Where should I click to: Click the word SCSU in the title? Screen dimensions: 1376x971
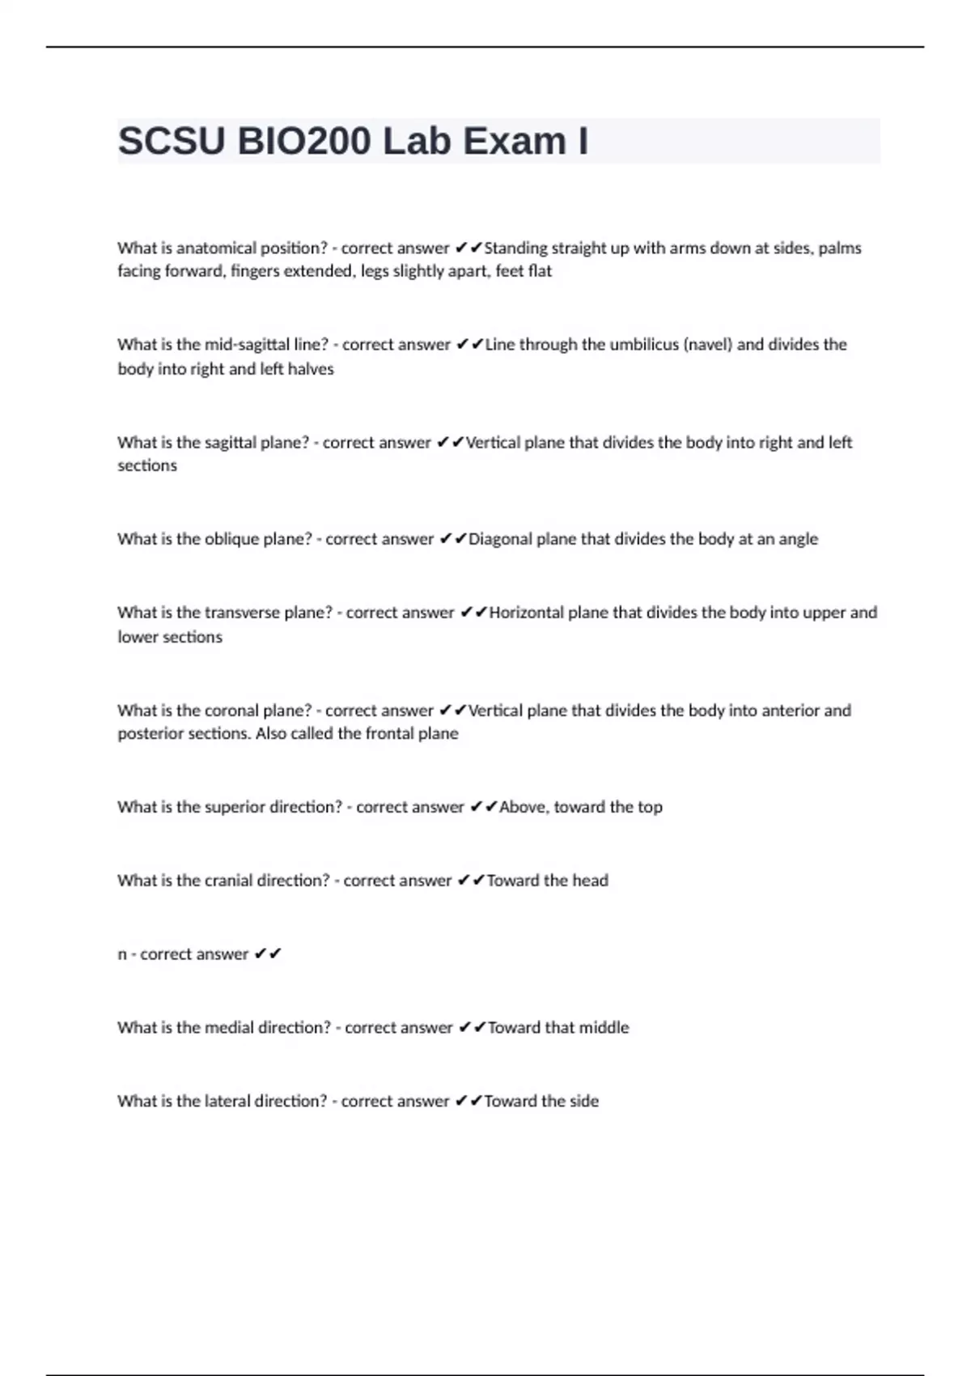click(172, 142)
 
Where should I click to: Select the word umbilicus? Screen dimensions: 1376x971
click(644, 345)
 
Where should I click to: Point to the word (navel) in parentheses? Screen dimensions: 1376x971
click(708, 345)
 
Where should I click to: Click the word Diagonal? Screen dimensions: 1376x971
click(507, 539)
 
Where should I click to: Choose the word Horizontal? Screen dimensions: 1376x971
click(526, 613)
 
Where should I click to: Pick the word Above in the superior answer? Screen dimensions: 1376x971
click(523, 807)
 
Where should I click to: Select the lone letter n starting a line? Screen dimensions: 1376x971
click(122, 955)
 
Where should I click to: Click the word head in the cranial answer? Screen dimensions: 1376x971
click(590, 881)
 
